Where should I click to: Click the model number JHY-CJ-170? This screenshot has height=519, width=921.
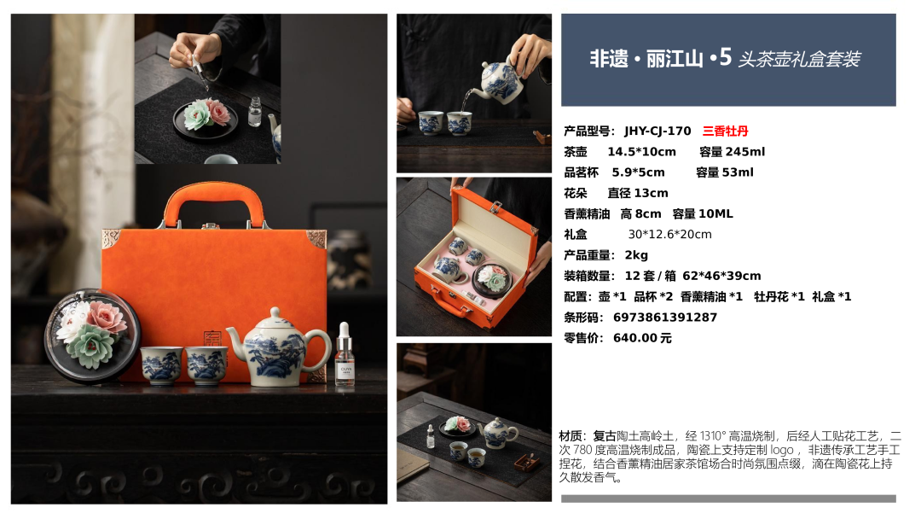[657, 131]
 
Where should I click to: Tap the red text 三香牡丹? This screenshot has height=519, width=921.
[726, 131]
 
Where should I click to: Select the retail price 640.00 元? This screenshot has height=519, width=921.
[642, 338]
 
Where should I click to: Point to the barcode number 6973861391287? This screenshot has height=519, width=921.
[665, 318]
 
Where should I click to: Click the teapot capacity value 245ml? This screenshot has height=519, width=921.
[745, 152]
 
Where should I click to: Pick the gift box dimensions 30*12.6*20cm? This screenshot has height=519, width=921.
[669, 235]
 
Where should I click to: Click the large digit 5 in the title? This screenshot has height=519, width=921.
[725, 57]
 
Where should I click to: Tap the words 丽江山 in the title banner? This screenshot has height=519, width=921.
[675, 59]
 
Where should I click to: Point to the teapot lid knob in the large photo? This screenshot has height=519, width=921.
[275, 312]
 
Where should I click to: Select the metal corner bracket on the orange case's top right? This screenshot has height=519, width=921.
[316, 239]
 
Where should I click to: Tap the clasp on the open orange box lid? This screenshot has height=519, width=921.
[495, 207]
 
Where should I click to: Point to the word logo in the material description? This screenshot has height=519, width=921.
[782, 450]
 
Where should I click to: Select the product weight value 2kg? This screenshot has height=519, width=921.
[636, 255]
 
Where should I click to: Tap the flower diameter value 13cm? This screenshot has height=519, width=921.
[651, 193]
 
